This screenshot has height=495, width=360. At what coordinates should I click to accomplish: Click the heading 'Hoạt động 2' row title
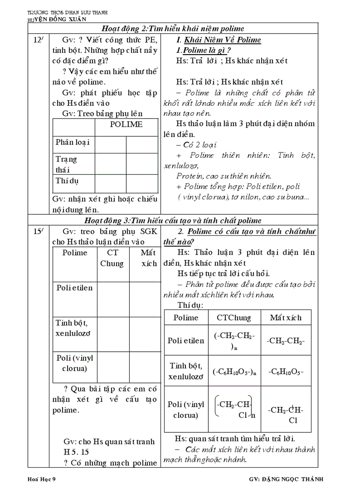(x=172, y=29)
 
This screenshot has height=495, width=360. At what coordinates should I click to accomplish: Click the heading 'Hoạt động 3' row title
(x=172, y=220)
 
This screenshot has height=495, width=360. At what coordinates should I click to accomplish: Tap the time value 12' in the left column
(x=38, y=41)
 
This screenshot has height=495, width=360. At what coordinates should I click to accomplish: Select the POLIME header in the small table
(x=126, y=124)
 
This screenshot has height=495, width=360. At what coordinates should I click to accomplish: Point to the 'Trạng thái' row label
(x=66, y=164)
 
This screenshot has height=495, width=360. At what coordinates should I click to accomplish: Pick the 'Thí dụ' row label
(x=67, y=181)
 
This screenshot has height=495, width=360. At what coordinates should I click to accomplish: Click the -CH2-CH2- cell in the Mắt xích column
(x=286, y=341)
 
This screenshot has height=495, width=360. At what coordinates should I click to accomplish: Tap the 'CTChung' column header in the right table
(x=234, y=318)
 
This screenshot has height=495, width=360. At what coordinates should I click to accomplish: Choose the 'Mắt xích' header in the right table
(x=286, y=318)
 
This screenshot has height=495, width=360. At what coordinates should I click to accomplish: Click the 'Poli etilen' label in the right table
(x=186, y=341)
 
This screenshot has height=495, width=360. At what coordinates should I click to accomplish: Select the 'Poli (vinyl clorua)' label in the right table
(x=186, y=409)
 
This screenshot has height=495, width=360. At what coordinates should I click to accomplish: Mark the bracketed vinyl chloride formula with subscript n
(x=235, y=409)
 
